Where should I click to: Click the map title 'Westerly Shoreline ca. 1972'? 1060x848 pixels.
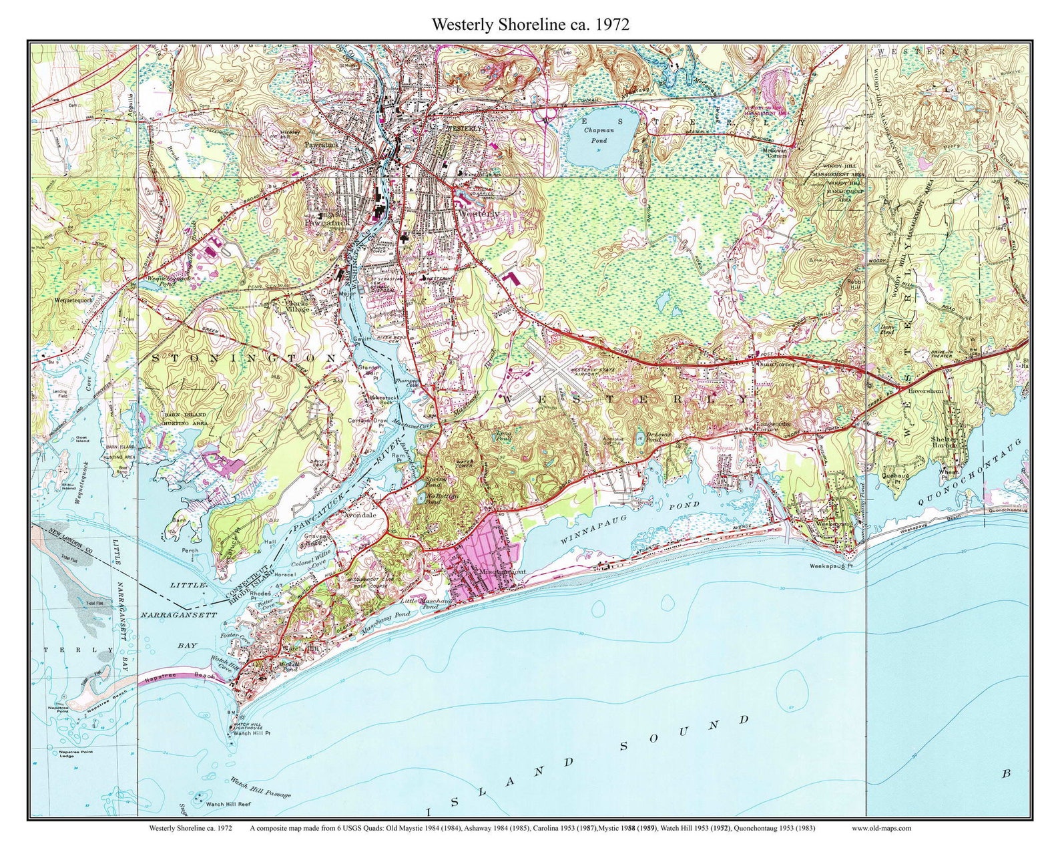point(530,25)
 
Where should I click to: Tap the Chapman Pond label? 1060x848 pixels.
point(599,136)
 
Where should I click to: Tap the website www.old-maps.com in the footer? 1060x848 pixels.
point(881,828)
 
